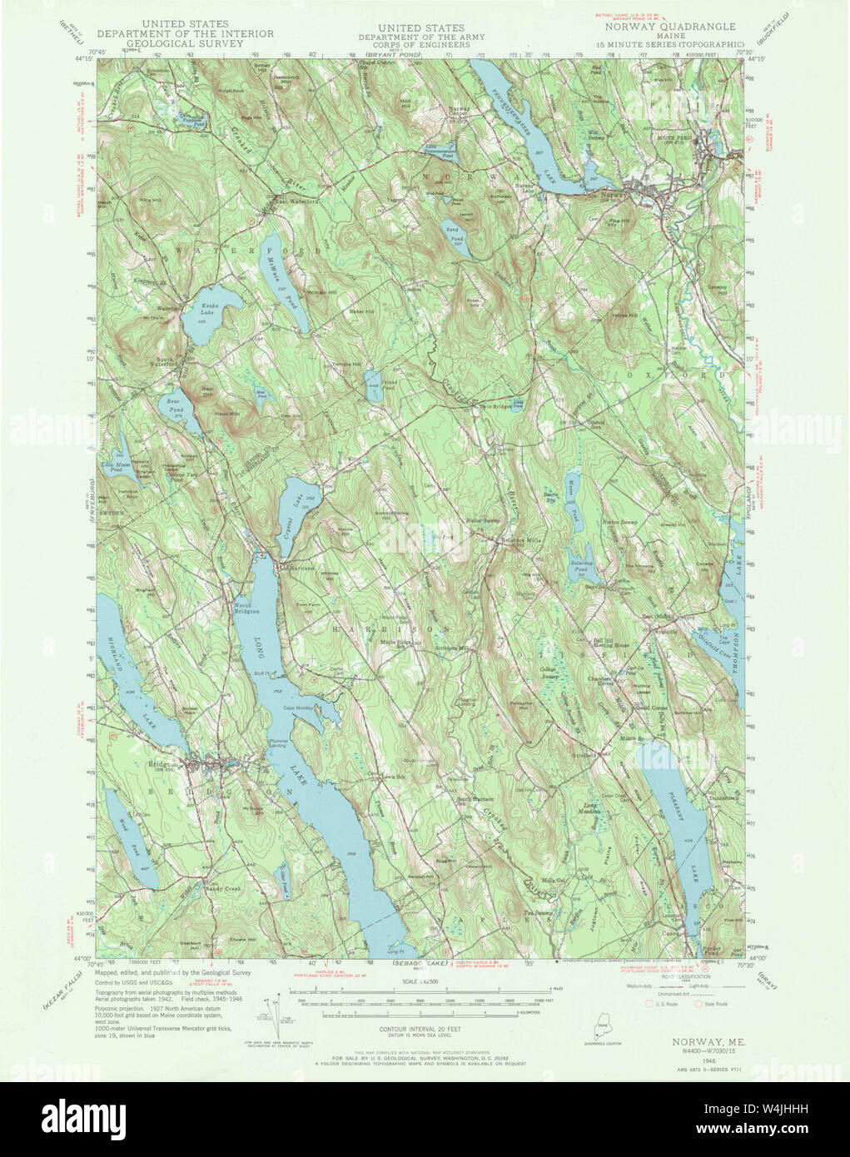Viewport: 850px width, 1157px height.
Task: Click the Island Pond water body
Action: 374,386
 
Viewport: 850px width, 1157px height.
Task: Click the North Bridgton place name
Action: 247,608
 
